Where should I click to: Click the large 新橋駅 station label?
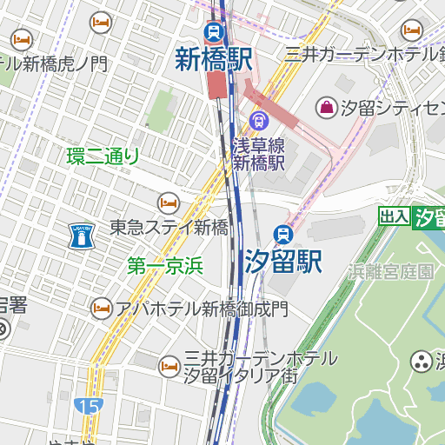point(214,59)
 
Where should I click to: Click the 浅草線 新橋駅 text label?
point(258,153)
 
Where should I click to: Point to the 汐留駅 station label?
point(282,261)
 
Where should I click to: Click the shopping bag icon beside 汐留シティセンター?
point(326,108)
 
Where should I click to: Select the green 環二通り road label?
point(103,156)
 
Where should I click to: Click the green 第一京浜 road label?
point(164,267)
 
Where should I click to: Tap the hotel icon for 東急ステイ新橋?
point(168,203)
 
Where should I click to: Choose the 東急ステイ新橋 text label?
point(169,228)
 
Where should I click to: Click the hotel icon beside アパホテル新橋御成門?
point(102,308)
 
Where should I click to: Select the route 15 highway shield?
point(87,406)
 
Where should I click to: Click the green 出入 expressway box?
point(394,216)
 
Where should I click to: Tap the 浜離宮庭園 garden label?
point(391,271)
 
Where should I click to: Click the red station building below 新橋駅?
point(216,85)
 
